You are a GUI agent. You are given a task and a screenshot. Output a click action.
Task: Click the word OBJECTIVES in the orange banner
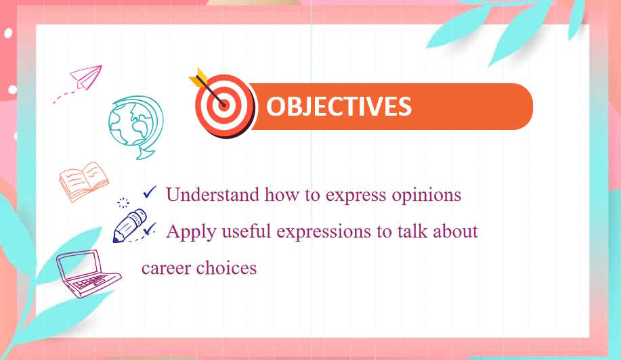[x=339, y=107]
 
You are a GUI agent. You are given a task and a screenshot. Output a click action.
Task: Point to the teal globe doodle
[x=135, y=126]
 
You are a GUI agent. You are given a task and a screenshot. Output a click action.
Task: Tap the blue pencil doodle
[x=130, y=226]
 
